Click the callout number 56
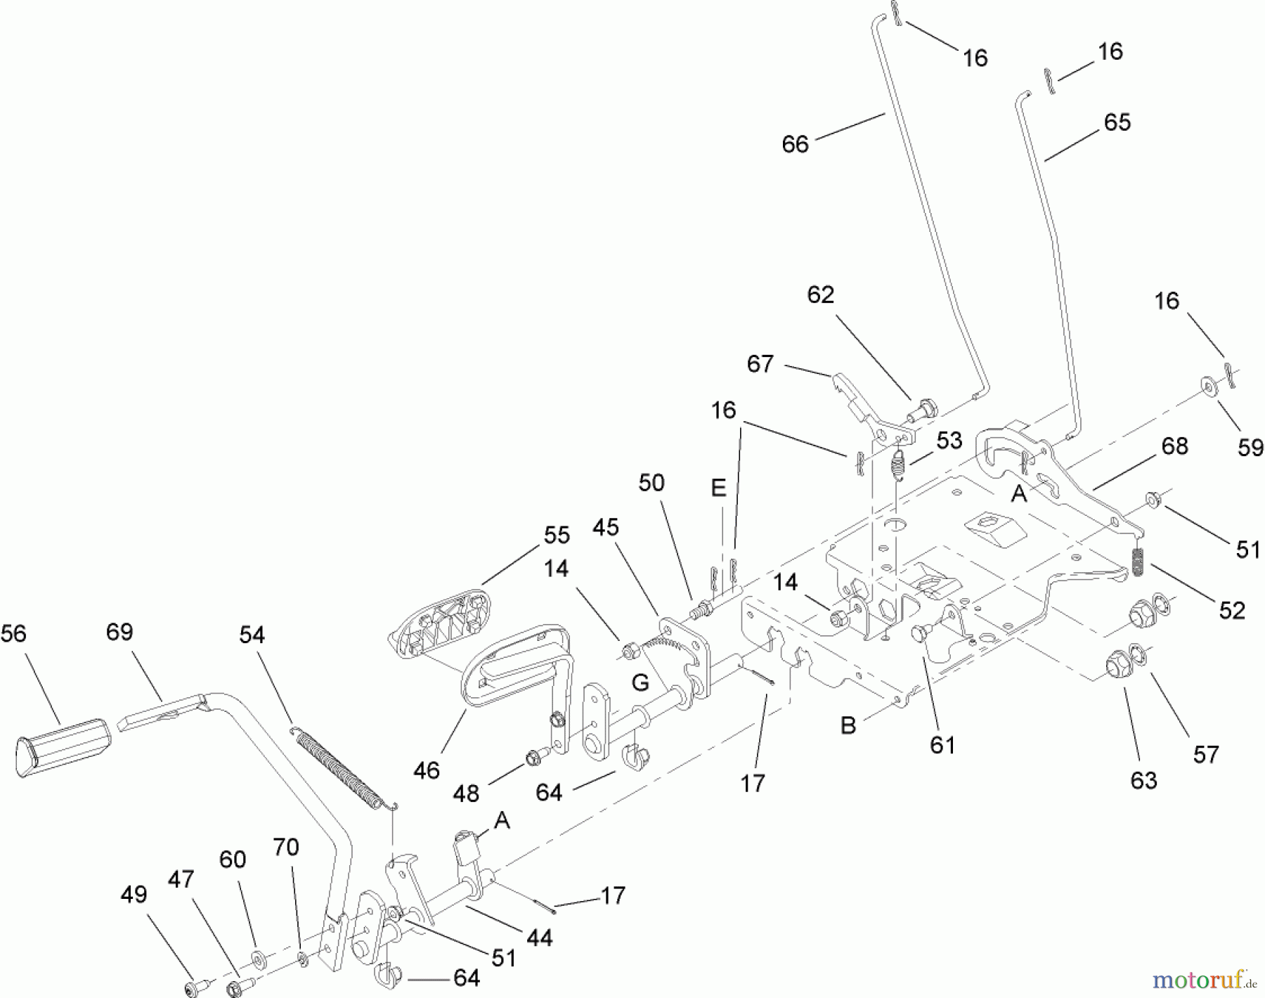[x=13, y=634]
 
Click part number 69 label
[x=119, y=632]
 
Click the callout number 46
[x=427, y=770]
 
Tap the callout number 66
[x=796, y=144]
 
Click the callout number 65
[x=1117, y=122]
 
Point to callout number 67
[x=760, y=364]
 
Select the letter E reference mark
[x=718, y=488]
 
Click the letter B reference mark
[x=848, y=725]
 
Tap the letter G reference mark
[x=640, y=682]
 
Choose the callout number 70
[x=285, y=848]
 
